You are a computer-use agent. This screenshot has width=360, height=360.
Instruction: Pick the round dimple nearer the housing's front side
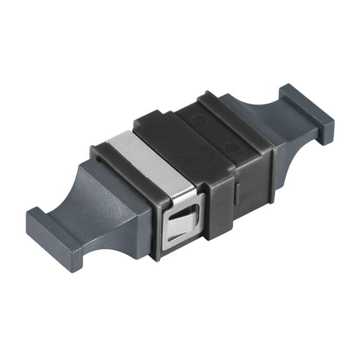pos(231,148)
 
